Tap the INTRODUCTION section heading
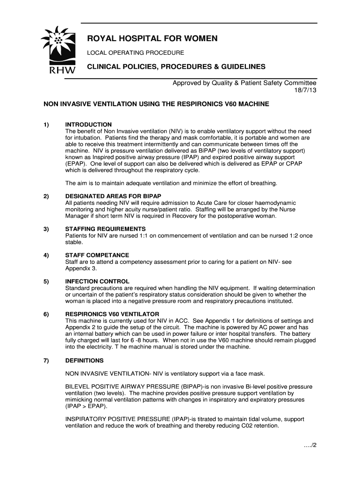click(x=88, y=124)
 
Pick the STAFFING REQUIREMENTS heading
click(x=106, y=229)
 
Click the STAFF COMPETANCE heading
click(x=97, y=255)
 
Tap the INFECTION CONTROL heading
click(x=97, y=281)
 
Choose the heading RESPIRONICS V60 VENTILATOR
click(x=112, y=314)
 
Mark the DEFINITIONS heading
click(x=85, y=361)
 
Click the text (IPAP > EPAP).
click(x=86, y=406)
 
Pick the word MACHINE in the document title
click(x=253, y=104)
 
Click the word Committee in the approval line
click(x=296, y=83)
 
